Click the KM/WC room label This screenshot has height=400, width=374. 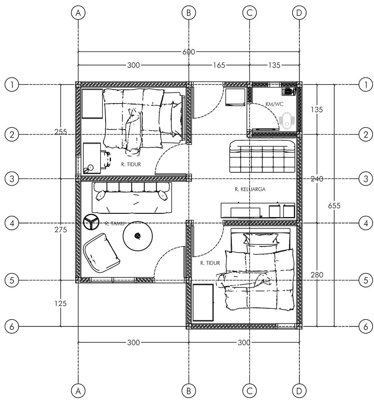[x=274, y=104]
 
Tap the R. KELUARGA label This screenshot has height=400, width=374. [x=250, y=189]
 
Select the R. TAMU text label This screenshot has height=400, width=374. [x=112, y=223]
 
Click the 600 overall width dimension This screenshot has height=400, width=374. [x=188, y=52]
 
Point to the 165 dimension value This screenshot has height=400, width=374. [x=219, y=65]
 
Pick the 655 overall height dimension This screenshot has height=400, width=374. [x=334, y=205]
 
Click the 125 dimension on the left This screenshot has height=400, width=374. [x=60, y=303]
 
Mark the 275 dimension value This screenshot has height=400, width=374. [x=60, y=230]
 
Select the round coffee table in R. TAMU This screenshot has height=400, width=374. [x=138, y=236]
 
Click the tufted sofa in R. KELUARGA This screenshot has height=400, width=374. [x=262, y=156]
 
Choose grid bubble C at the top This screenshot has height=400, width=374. [x=249, y=13]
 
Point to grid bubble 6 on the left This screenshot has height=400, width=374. [x=12, y=326]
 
